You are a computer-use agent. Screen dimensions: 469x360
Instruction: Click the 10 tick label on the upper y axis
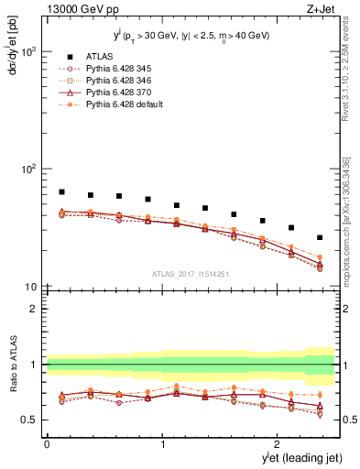click(x=30, y=287)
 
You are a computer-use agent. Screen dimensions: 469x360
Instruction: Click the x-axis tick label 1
click(x=162, y=444)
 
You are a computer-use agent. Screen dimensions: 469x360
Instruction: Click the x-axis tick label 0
click(x=46, y=444)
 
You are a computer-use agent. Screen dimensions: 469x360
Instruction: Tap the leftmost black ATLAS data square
click(x=61, y=192)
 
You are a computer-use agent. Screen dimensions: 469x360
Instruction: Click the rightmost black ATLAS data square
click(x=320, y=237)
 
